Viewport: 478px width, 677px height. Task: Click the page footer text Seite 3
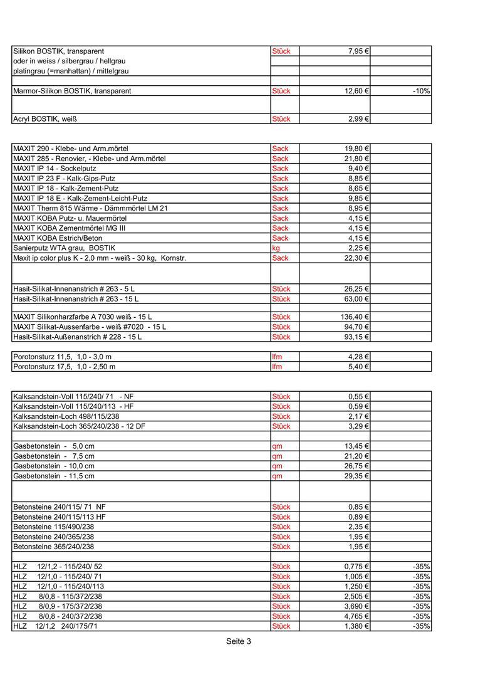(239, 641)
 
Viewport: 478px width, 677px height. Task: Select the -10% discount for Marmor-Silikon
(421, 92)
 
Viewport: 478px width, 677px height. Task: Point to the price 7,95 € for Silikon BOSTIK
(358, 51)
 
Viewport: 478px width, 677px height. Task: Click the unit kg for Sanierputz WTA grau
(276, 248)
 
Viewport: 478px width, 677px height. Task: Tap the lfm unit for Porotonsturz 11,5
(277, 357)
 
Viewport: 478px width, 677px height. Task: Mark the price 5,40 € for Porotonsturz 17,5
(358, 367)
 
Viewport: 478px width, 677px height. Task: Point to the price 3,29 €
(358, 426)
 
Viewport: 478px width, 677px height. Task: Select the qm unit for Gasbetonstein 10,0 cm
(277, 466)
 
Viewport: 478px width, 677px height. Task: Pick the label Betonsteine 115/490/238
(54, 527)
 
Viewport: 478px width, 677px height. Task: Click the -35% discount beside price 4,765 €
(421, 616)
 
